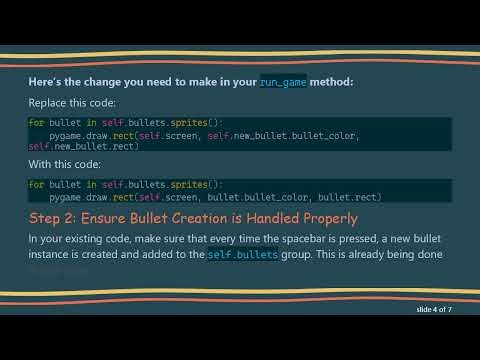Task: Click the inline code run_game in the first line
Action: (285, 81)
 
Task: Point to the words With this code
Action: (65, 166)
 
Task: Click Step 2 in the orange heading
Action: (57, 218)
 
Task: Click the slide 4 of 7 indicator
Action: (441, 312)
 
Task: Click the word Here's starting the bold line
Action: (46, 81)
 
